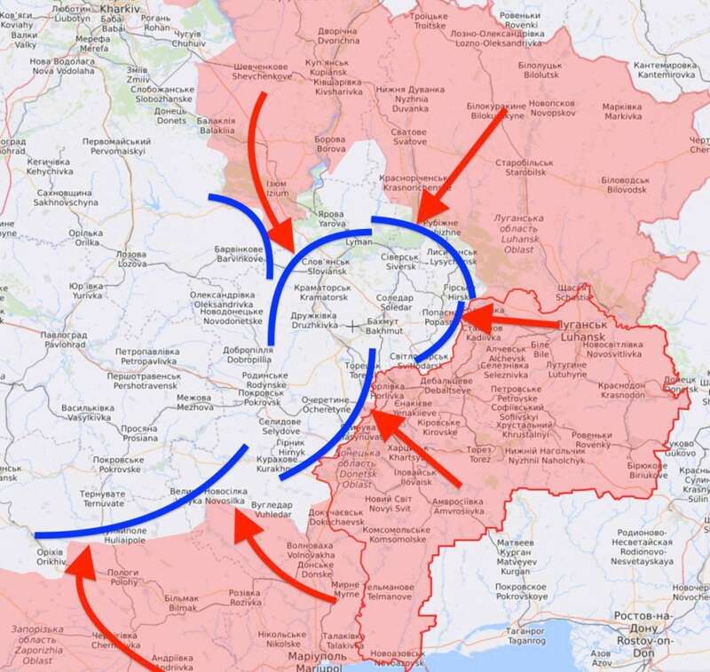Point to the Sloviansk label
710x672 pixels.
click(327, 268)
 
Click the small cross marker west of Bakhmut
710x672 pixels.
click(354, 326)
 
